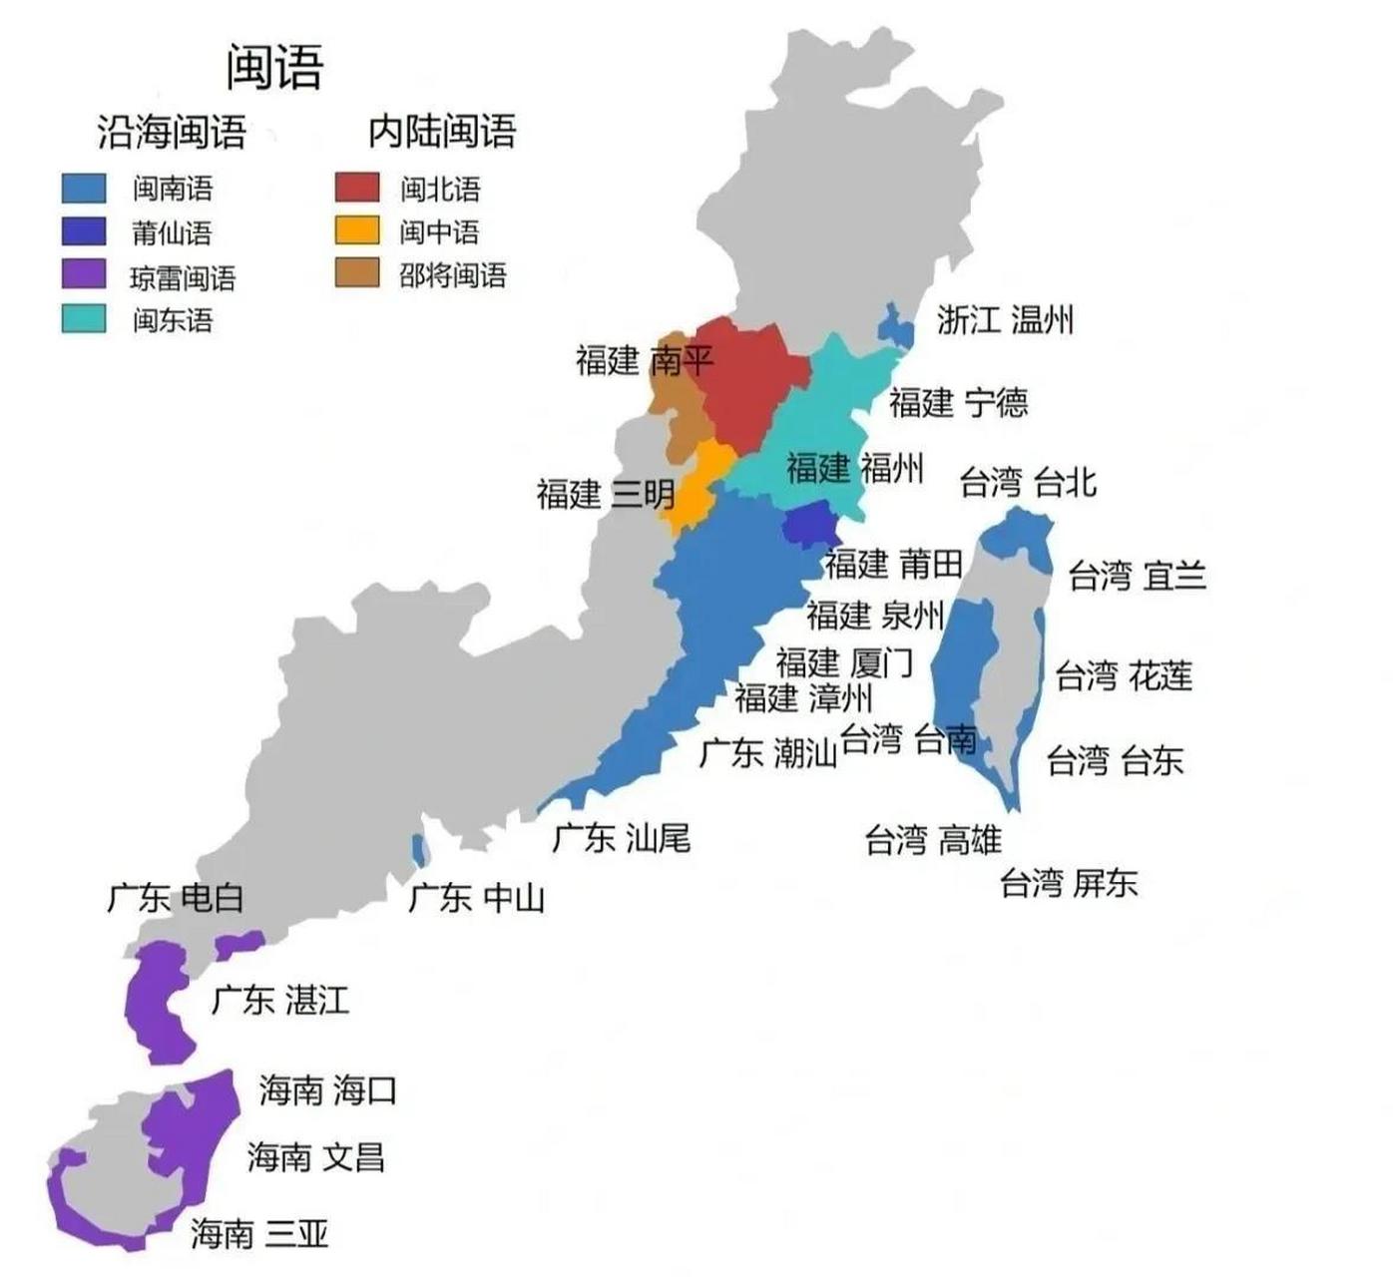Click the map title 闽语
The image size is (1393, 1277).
(274, 68)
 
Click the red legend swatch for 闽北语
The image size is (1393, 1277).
(356, 188)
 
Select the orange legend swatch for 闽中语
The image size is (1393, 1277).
(356, 230)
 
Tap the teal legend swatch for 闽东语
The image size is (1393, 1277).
(83, 318)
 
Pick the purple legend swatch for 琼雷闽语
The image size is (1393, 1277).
(83, 274)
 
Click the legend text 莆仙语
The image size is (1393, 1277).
(172, 232)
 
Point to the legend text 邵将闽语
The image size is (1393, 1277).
(453, 274)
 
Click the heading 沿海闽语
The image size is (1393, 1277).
(172, 132)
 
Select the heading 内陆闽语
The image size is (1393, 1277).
(442, 131)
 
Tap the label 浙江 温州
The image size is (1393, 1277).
(1005, 320)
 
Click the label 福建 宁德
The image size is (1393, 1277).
(958, 402)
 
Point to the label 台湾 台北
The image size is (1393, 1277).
(1028, 483)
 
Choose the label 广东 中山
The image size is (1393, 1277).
(477, 898)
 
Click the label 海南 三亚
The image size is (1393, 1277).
(259, 1234)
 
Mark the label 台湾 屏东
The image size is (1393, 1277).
(1069, 882)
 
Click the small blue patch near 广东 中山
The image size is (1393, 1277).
(420, 849)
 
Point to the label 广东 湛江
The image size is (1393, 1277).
(280, 999)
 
